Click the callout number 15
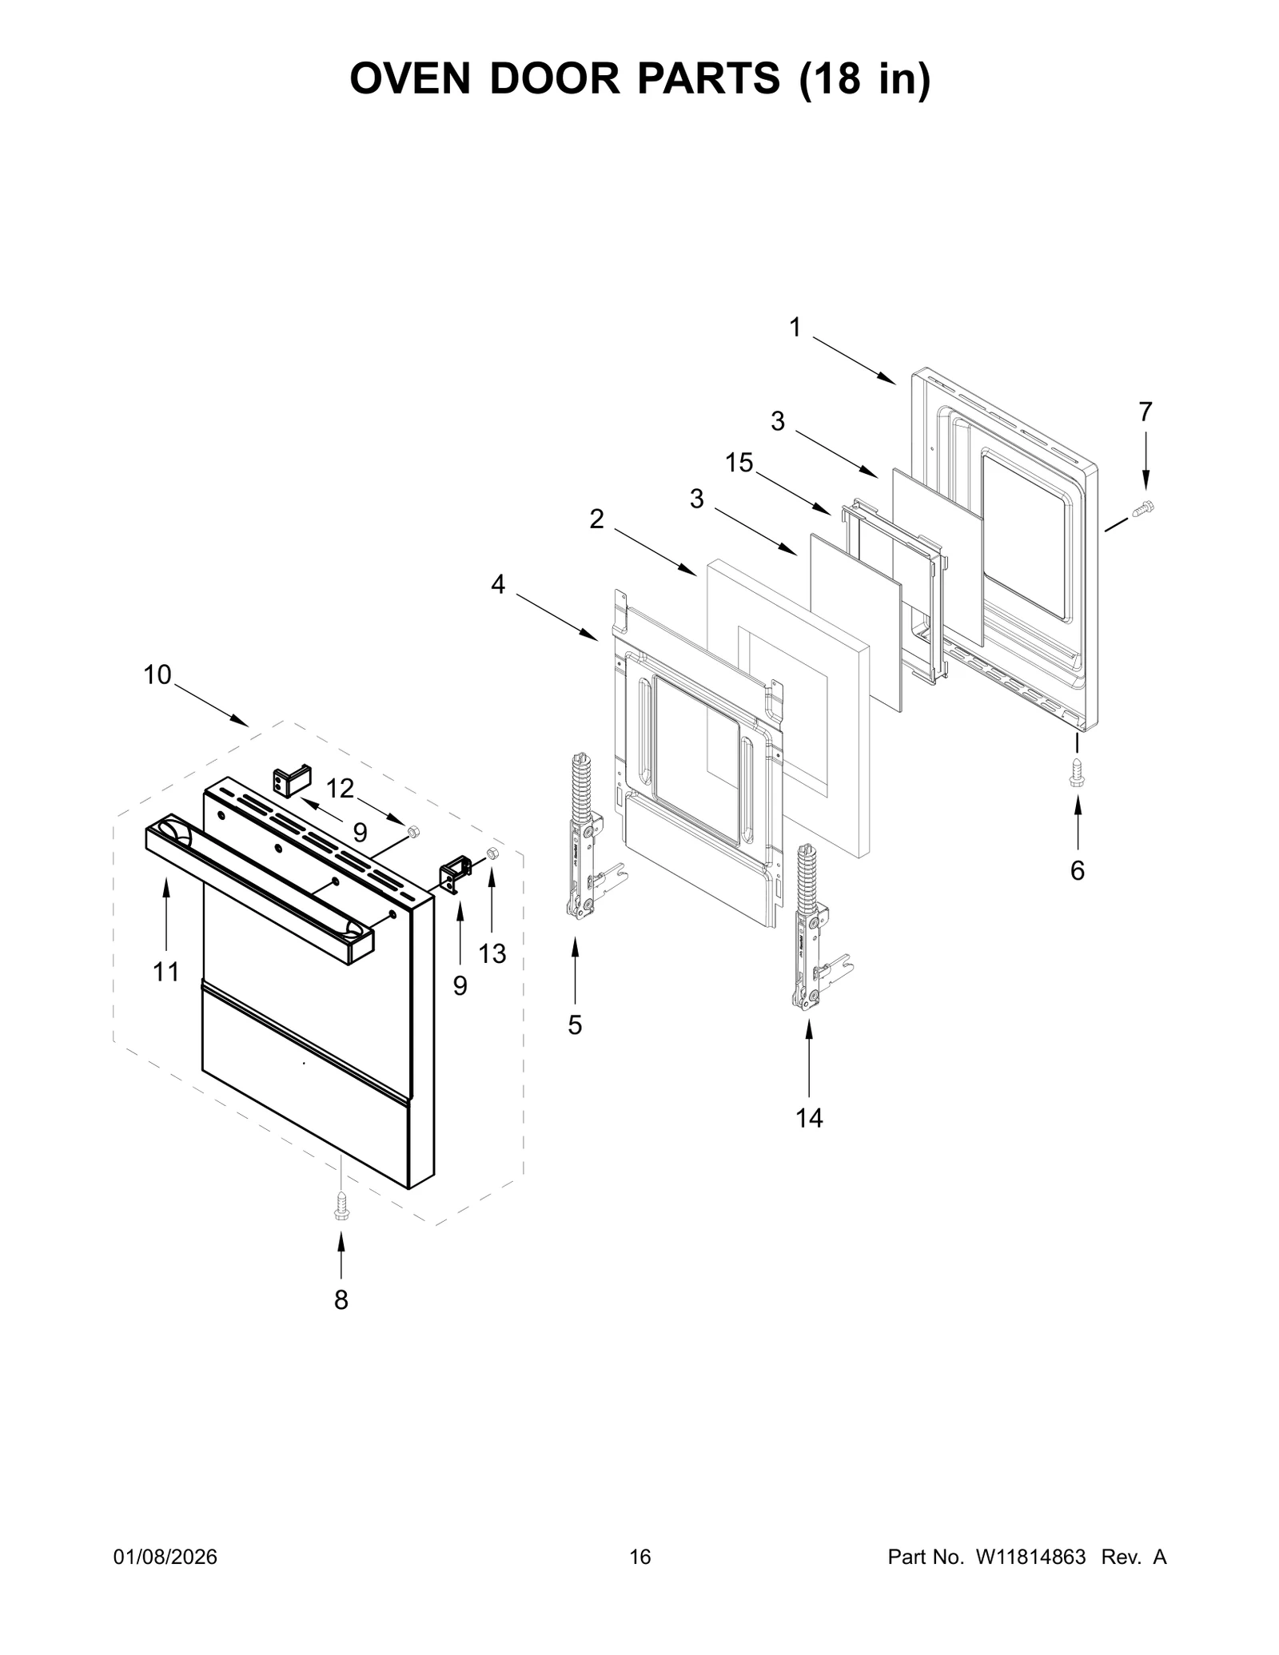click(x=739, y=463)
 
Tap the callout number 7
click(x=1146, y=412)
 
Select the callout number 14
click(x=809, y=1118)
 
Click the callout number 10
click(x=157, y=675)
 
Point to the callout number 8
click(x=341, y=1301)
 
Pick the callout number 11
click(x=166, y=973)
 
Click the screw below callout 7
click(x=1144, y=506)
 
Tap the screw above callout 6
click(x=1077, y=772)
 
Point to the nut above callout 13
click(x=492, y=853)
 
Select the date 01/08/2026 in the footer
click(x=165, y=1557)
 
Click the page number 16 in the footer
click(x=640, y=1557)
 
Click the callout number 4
click(x=498, y=585)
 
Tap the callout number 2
click(x=596, y=519)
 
